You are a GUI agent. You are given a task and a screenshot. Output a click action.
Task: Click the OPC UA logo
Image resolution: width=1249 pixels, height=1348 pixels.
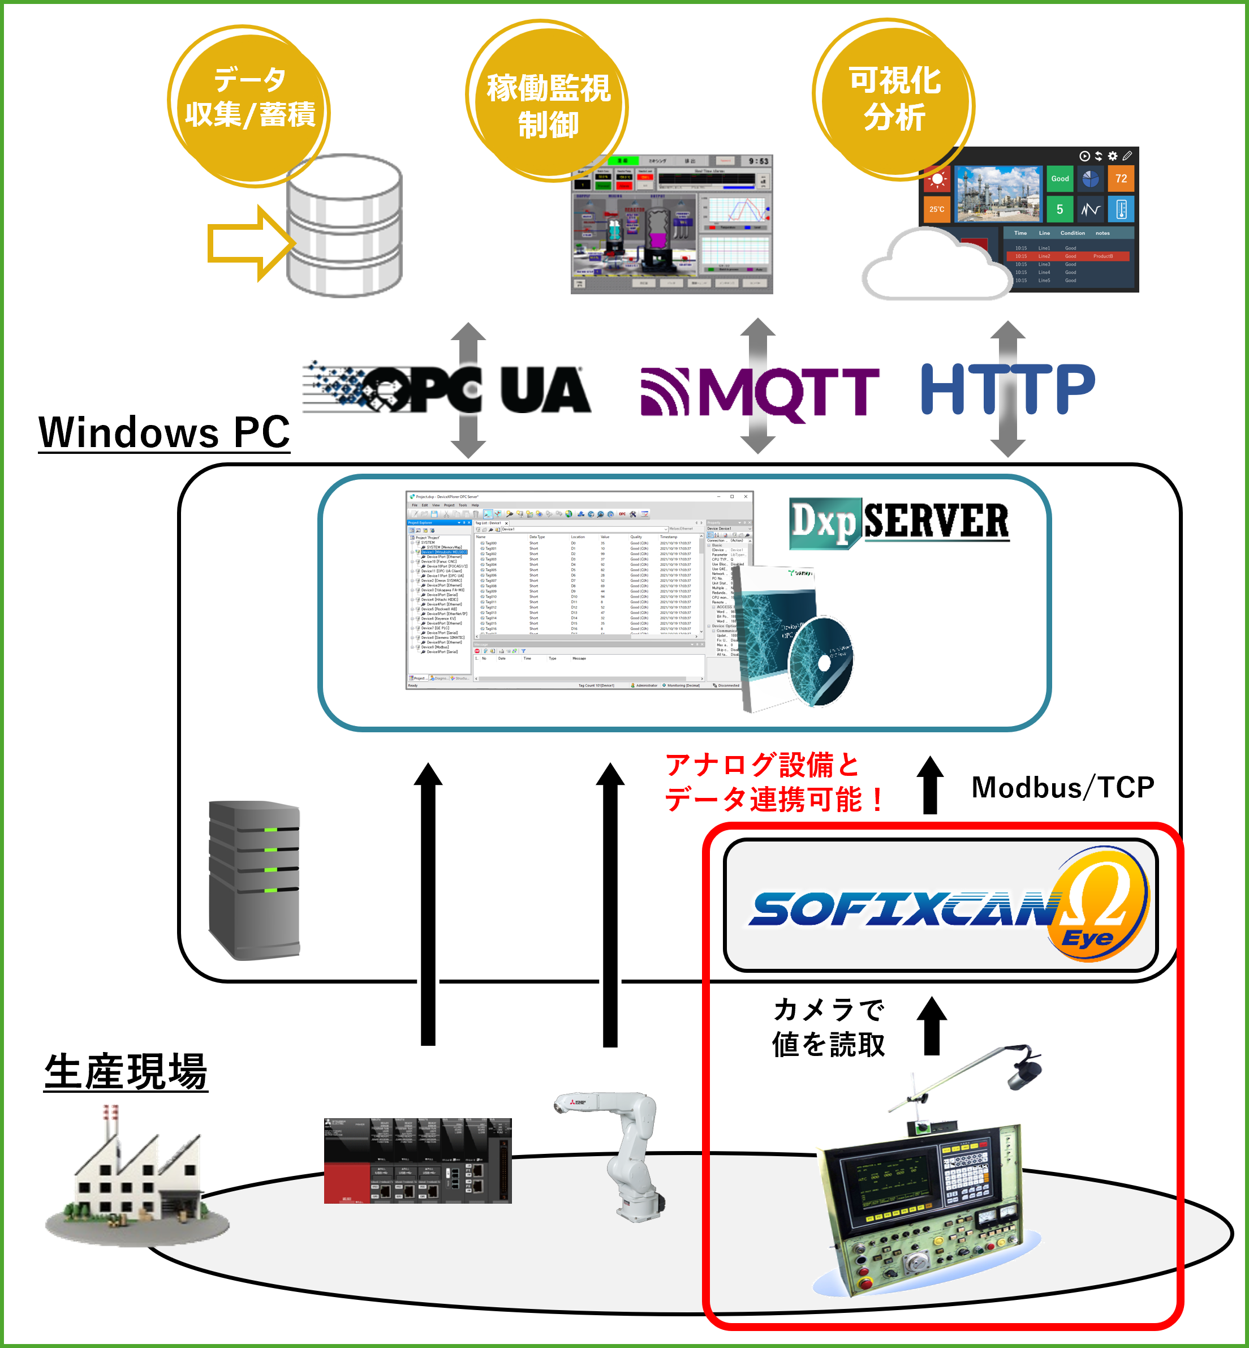447,389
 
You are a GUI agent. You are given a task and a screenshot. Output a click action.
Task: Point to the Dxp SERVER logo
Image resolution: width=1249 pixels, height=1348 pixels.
899,522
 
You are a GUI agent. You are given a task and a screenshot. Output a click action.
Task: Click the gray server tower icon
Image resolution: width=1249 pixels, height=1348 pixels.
254,879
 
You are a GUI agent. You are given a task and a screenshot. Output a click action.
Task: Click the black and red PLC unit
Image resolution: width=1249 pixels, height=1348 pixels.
417,1160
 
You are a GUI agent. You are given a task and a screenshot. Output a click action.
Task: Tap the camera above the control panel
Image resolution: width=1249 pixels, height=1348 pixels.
1024,1071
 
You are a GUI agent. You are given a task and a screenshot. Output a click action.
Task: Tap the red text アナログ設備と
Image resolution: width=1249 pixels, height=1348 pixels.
762,765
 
